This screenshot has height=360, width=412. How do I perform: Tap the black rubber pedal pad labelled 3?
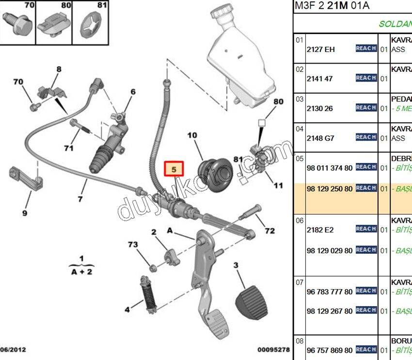click(252, 299)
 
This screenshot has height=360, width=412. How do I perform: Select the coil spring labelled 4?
click(148, 293)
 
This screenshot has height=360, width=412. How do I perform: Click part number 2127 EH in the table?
click(321, 49)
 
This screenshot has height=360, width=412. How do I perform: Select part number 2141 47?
click(320, 79)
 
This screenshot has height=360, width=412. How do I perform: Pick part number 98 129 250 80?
click(330, 188)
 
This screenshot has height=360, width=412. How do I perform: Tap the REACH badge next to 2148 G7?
click(366, 137)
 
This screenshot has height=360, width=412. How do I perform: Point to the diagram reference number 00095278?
click(273, 349)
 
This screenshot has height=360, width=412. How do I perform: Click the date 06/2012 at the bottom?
click(13, 349)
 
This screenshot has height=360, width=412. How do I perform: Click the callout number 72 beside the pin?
click(269, 230)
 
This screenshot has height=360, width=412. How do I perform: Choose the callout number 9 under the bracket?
click(24, 213)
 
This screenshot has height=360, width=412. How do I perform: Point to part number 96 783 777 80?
click(330, 292)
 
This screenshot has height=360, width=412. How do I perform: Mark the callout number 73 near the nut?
click(133, 245)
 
